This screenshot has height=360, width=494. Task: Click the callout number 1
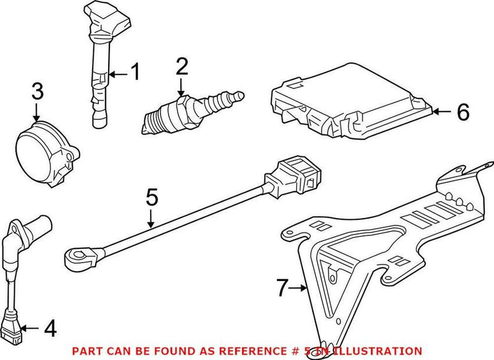134,73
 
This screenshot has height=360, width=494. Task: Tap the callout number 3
37,93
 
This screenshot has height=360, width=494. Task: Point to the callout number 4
51,329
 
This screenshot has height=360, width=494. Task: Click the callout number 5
152,199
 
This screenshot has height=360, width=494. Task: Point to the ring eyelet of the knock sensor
77,254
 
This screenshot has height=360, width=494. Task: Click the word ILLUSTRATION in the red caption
383,350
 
